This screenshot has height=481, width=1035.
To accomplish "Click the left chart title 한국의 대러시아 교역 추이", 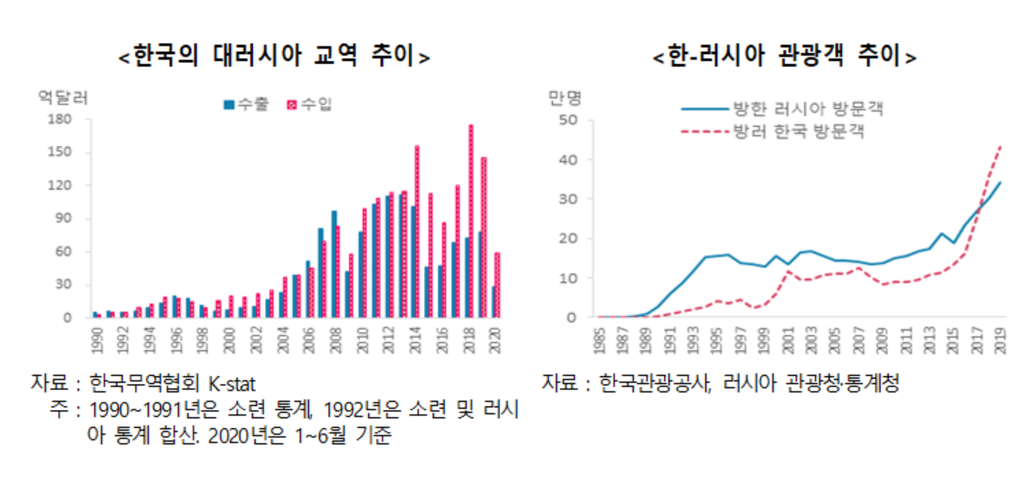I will [275, 55].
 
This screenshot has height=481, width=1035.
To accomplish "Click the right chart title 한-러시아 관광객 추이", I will [785, 55].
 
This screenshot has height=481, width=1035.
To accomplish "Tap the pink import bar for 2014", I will [417, 232].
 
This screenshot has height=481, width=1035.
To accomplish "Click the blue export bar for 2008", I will [334, 264].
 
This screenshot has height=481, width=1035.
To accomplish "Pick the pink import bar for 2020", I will [497, 285].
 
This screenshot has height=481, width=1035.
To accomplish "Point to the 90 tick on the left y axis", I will [64, 218].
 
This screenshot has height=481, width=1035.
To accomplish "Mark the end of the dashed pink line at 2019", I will [1000, 146].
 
